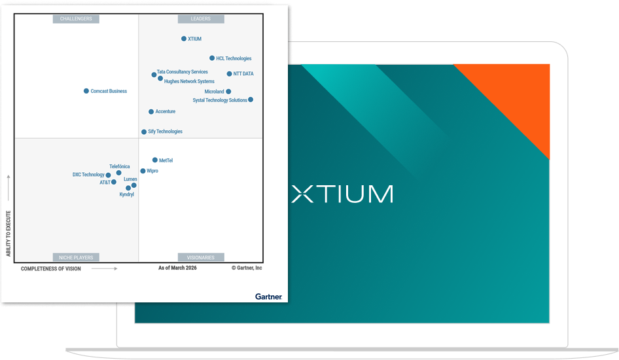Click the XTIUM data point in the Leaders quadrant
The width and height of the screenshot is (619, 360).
click(184, 39)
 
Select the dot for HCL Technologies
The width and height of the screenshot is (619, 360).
click(212, 58)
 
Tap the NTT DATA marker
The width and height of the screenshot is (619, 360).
click(229, 74)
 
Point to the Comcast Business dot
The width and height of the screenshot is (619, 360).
click(86, 91)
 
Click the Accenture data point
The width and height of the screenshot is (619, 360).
click(151, 112)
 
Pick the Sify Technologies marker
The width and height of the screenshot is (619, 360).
click(144, 132)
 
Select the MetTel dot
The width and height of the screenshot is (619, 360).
click(155, 160)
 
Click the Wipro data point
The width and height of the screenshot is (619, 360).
click(143, 171)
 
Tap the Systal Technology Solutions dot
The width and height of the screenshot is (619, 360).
click(251, 99)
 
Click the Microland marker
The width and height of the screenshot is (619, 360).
click(228, 92)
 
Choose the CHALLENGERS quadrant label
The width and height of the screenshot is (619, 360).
click(76, 19)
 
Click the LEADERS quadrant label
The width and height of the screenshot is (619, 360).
click(201, 19)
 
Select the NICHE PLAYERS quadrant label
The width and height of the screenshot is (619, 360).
click(76, 257)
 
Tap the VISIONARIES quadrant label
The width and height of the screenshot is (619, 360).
click(201, 257)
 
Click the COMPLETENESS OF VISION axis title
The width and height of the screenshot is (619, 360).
click(51, 268)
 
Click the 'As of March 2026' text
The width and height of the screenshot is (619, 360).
click(177, 268)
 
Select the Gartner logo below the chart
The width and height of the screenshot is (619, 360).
click(268, 297)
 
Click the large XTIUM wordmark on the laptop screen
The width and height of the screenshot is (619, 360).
click(342, 194)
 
